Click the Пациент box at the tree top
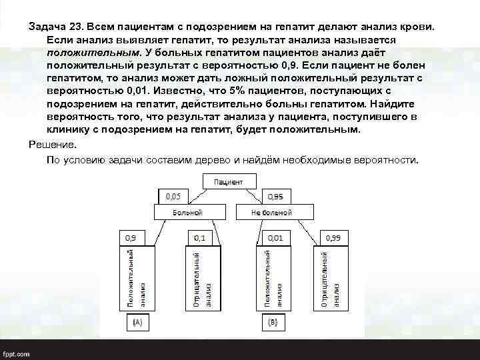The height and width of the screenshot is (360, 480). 228,181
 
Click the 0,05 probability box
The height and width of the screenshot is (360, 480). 173,197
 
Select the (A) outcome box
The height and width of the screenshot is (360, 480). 137,322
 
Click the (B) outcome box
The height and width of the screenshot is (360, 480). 272,322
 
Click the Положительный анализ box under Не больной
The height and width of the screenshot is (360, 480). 273,277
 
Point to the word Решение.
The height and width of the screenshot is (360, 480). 53,145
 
